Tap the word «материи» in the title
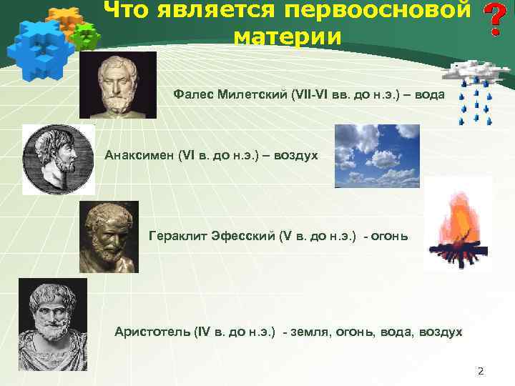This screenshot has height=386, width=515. [288, 36]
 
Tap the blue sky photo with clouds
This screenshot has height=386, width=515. [377, 156]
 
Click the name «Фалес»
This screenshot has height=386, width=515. [193, 95]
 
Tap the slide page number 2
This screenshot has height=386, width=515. [481, 371]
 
